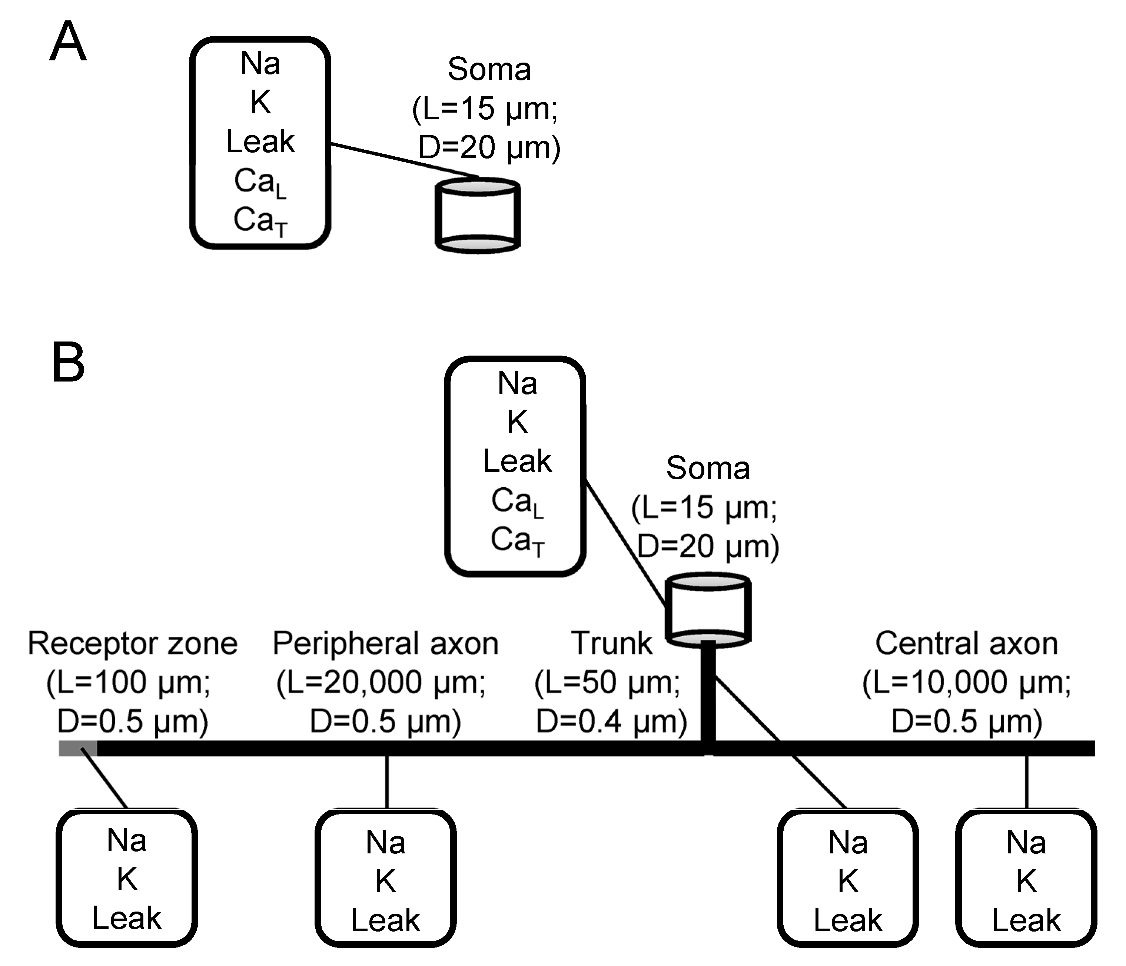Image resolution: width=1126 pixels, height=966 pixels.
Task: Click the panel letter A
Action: (68, 42)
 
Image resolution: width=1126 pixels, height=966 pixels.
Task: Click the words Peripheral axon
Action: (385, 643)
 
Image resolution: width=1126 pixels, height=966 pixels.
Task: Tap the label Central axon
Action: (966, 643)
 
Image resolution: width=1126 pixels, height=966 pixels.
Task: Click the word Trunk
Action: (611, 643)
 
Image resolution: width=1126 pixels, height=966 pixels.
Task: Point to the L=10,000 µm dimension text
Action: (966, 682)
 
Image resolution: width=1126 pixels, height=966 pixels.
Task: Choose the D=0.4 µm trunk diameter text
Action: (611, 722)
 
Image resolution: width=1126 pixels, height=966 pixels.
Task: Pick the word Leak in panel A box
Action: (260, 142)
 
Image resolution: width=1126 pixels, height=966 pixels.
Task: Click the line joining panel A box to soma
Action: (405, 161)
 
